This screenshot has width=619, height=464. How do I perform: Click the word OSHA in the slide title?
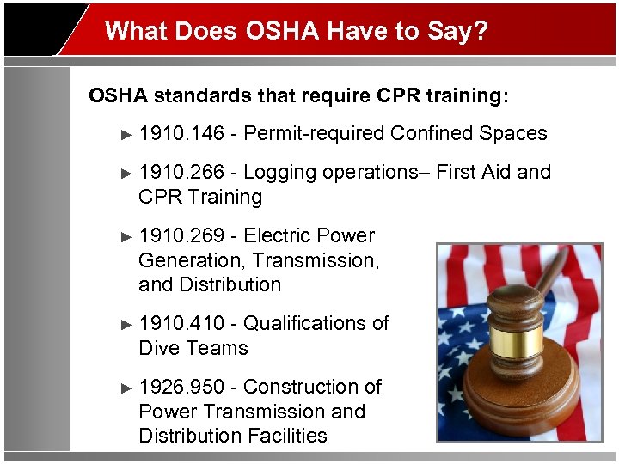(x=281, y=32)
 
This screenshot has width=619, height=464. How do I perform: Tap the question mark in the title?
(x=481, y=32)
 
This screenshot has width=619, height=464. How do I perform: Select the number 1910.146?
(x=181, y=133)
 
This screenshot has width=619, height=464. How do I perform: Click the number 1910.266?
(x=181, y=172)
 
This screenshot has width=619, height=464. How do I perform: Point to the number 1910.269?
(x=181, y=235)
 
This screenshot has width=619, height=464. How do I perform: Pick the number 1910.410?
(x=181, y=323)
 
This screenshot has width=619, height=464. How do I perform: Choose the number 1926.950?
(x=181, y=387)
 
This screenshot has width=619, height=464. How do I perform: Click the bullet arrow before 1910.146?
(x=126, y=134)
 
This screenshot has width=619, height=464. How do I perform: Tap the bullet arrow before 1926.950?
(x=126, y=388)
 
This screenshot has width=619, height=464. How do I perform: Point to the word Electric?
(x=278, y=235)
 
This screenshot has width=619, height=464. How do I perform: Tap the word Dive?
(x=159, y=348)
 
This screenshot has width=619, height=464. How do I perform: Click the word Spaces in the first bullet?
(x=513, y=133)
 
